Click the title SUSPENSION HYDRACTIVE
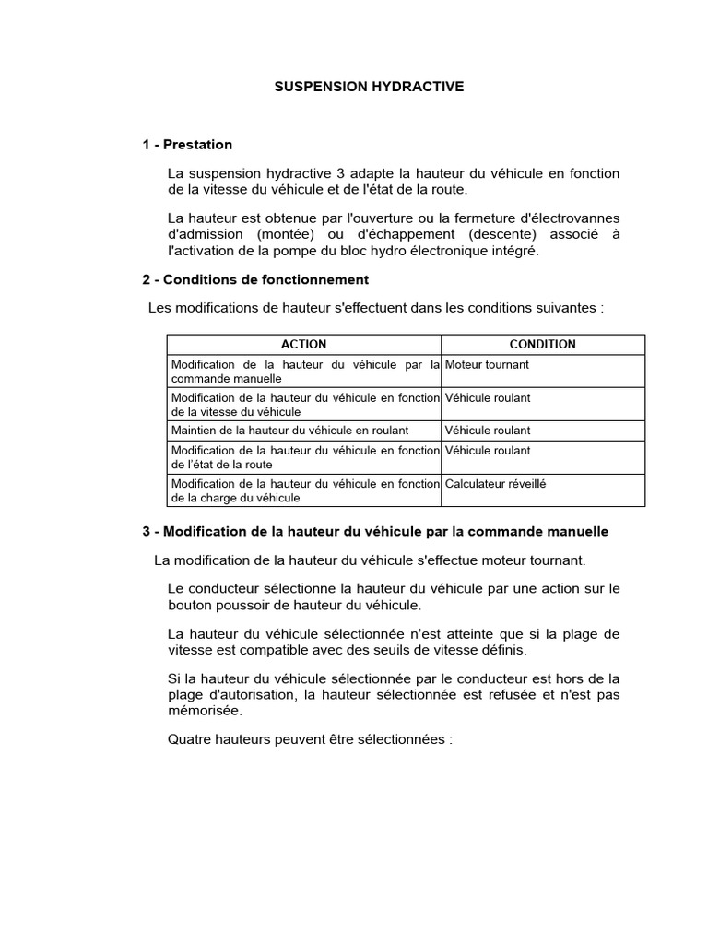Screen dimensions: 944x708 [370, 87]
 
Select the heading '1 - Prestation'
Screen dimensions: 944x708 [187, 145]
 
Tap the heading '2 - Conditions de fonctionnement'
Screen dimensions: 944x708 [255, 279]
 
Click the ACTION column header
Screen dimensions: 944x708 [303, 344]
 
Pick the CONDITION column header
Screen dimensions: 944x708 [542, 344]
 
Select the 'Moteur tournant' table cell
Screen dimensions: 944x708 [487, 364]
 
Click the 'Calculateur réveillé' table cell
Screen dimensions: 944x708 [495, 483]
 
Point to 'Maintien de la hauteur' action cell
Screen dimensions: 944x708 [289, 431]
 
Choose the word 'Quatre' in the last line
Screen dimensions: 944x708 [191, 739]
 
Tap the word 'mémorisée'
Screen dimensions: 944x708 [205, 711]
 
